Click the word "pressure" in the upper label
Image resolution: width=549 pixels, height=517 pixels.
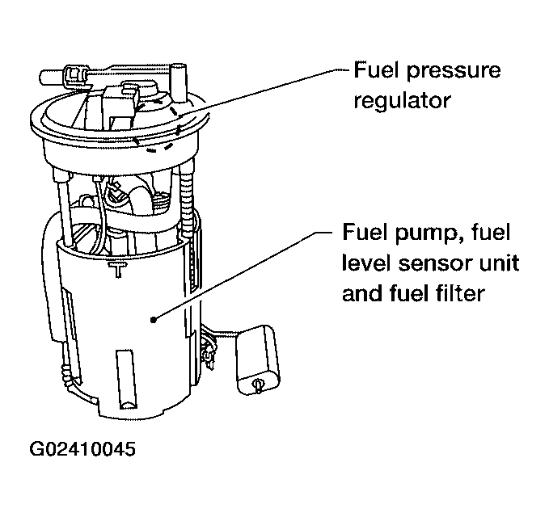[x=453, y=71]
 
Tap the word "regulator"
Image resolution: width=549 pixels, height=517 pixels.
[x=402, y=101]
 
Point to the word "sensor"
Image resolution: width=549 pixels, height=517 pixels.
[x=429, y=264]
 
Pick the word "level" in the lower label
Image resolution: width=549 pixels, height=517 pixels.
[x=367, y=264]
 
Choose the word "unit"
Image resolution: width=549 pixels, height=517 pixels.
[x=493, y=264]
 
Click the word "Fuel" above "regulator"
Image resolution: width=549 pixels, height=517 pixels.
[x=377, y=71]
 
